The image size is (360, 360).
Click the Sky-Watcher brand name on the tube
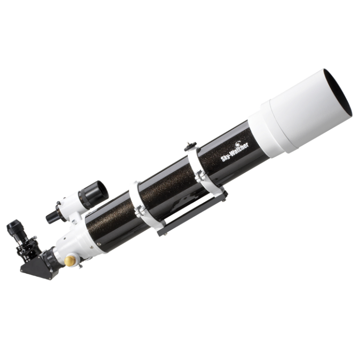click(x=235, y=153)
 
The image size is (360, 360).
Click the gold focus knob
click(x=71, y=261)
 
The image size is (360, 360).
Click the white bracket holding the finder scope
click(x=75, y=219)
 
